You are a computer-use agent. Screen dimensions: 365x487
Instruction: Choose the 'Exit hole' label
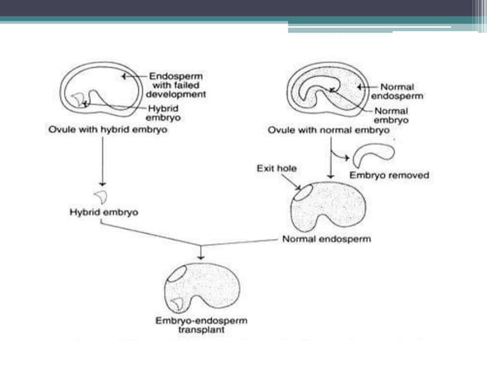coord(271,167)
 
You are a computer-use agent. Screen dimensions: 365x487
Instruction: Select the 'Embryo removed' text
coord(389,175)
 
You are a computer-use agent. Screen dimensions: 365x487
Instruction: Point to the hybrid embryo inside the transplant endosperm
coord(177,302)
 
